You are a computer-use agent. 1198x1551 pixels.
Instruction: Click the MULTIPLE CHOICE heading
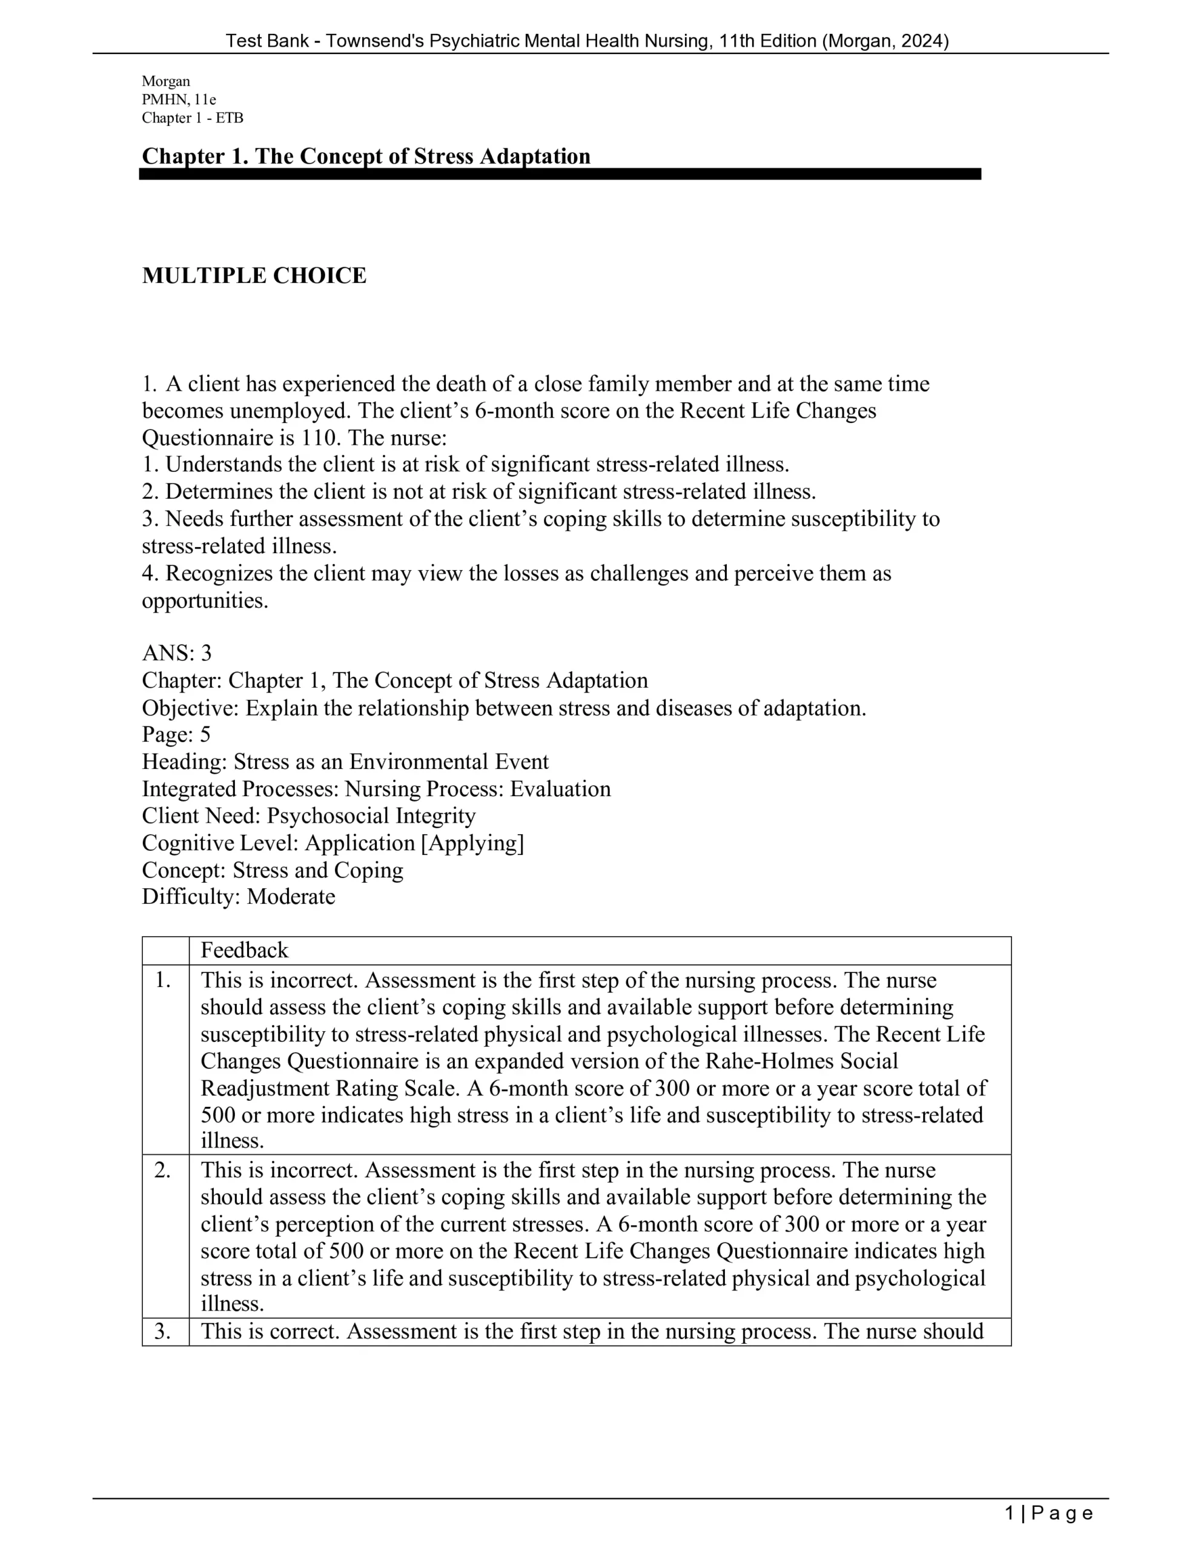(254, 276)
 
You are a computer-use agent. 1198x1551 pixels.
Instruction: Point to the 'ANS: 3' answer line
(177, 653)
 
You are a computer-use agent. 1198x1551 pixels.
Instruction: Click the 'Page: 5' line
(176, 734)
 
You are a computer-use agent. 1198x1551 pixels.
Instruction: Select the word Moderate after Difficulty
(291, 897)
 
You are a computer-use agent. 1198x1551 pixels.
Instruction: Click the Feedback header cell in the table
(244, 950)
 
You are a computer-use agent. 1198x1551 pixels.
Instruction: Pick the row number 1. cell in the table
(164, 981)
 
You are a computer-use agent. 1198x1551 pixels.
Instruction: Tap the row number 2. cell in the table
(164, 1171)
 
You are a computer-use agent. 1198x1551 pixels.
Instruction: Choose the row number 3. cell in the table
(164, 1332)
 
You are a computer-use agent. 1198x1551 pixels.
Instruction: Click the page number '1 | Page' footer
(1049, 1514)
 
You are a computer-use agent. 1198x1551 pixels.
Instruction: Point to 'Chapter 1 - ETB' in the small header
(193, 118)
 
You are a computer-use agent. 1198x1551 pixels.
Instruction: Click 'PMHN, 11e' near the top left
(179, 99)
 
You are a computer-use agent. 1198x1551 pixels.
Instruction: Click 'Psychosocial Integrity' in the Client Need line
(371, 816)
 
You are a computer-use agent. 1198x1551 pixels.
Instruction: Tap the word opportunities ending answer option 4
(205, 601)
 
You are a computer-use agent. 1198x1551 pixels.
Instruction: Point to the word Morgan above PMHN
(165, 82)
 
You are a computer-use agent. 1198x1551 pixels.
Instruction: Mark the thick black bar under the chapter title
(560, 174)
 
